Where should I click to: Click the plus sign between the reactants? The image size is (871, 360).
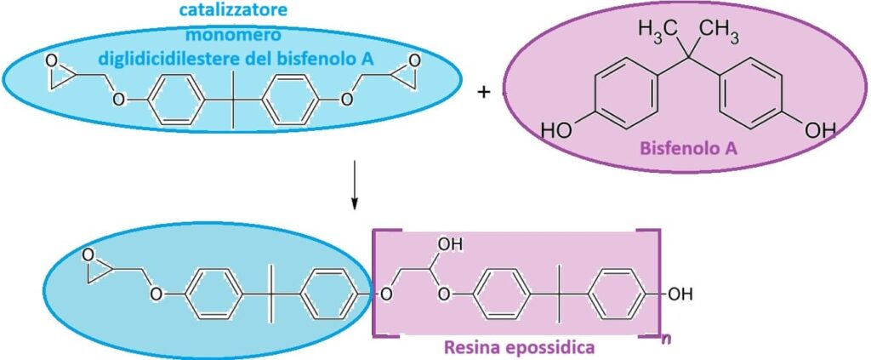[x=485, y=92]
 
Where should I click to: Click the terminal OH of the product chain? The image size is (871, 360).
[x=680, y=294]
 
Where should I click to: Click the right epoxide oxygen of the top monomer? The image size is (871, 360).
[x=414, y=61]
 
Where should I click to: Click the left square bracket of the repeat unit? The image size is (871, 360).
[x=375, y=281]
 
